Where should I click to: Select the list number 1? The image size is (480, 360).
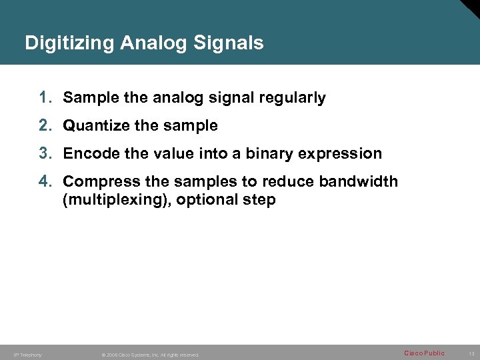click(x=45, y=98)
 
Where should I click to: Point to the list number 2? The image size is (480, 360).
click(x=45, y=125)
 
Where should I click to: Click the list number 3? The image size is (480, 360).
click(x=45, y=153)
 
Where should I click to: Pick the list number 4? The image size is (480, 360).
click(x=45, y=181)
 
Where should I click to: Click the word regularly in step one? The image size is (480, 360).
click(x=294, y=98)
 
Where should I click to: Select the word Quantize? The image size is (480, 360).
click(x=93, y=125)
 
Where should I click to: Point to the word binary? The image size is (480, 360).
click(x=269, y=153)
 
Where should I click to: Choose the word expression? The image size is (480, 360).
click(x=340, y=153)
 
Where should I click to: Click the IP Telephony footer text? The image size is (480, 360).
click(x=28, y=355)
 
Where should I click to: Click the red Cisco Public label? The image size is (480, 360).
click(x=424, y=353)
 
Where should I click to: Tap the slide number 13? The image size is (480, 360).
click(x=471, y=354)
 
